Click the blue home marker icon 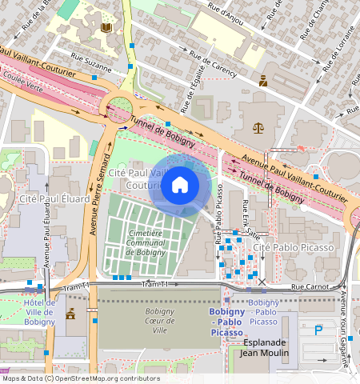(x=180, y=186)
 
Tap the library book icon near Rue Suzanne (x=106, y=29)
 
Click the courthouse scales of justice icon (x=258, y=126)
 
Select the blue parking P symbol (x=319, y=329)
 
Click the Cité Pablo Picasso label (x=292, y=249)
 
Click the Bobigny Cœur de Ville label (x=159, y=320)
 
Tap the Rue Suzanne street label (x=91, y=58)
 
